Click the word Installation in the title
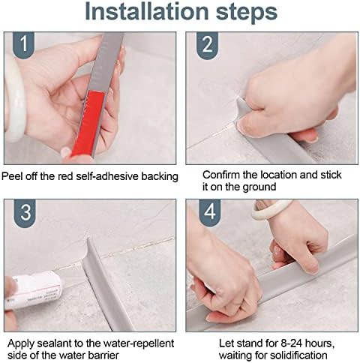147,11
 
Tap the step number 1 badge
23,44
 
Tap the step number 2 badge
207,45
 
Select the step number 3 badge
25,212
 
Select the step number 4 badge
209,212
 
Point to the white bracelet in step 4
271,209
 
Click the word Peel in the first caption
11,176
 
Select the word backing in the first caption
160,177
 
